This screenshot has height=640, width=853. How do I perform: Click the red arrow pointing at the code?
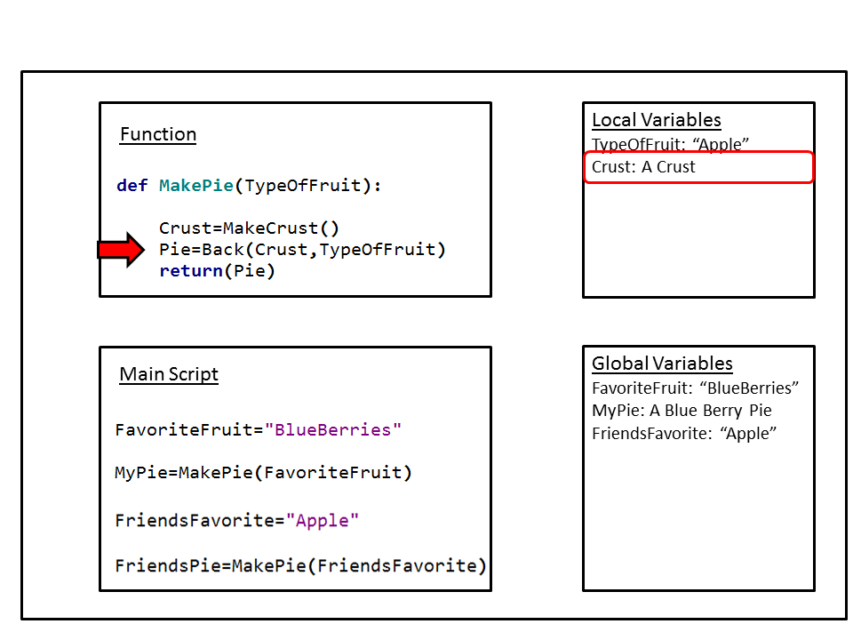click(121, 250)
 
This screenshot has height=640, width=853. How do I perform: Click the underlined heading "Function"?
click(158, 134)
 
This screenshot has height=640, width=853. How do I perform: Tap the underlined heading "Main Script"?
click(169, 374)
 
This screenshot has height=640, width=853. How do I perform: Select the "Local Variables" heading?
click(657, 120)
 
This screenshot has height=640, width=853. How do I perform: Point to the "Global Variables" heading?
click(662, 364)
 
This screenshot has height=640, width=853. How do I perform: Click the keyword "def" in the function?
click(132, 186)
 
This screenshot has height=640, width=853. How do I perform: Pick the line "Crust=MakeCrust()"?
click(250, 228)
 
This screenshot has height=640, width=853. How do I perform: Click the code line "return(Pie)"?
click(218, 271)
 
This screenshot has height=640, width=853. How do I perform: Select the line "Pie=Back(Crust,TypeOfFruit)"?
click(302, 250)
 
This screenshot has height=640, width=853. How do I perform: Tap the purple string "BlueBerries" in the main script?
click(333, 430)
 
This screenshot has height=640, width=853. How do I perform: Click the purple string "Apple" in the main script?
click(323, 520)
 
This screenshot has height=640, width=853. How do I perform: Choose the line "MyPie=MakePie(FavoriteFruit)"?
click(264, 473)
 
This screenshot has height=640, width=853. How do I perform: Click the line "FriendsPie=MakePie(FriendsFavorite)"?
click(301, 566)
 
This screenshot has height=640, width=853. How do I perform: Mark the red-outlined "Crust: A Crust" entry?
click(644, 167)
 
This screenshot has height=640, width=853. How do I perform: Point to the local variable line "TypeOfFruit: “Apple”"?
click(671, 144)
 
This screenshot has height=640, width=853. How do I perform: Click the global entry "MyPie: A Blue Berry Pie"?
click(682, 411)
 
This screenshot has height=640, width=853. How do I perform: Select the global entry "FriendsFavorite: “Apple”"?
click(684, 434)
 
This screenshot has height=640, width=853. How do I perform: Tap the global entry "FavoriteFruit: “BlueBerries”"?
click(696, 388)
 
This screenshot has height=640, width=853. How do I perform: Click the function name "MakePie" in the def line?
click(196, 186)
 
